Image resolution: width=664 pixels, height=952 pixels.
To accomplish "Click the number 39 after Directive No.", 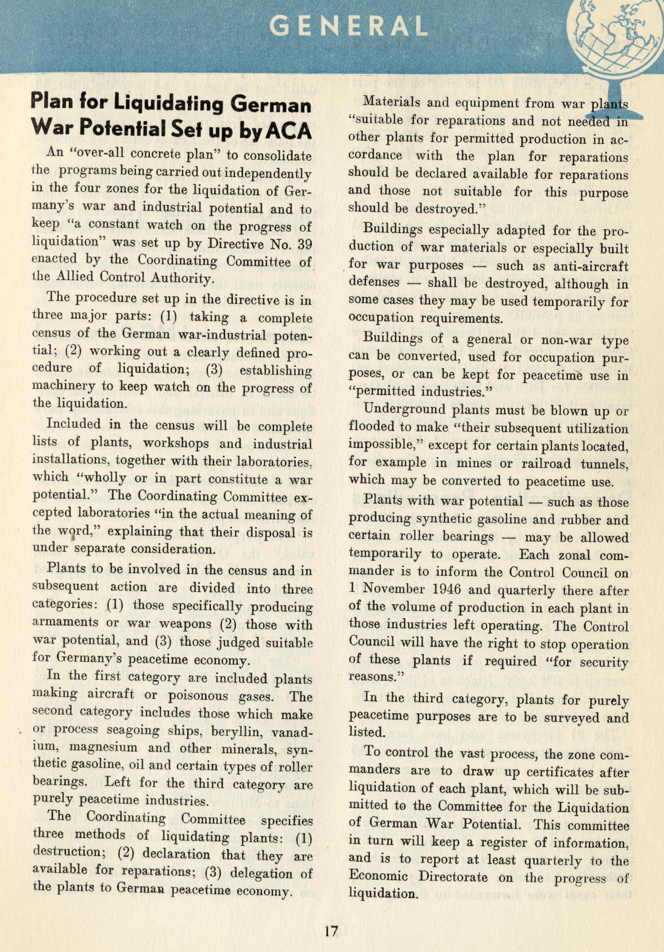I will (305, 244).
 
